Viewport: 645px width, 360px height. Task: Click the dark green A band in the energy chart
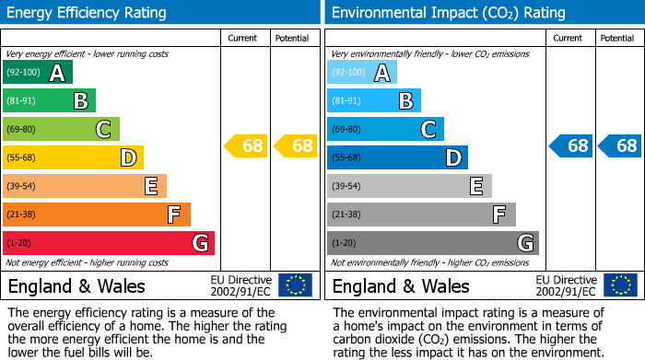(37, 73)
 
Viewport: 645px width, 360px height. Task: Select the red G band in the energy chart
(109, 243)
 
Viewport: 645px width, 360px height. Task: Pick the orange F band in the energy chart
(97, 215)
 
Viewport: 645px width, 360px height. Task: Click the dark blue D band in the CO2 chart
(397, 157)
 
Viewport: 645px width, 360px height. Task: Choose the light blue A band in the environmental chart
(362, 73)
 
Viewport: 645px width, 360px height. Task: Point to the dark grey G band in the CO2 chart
(432, 243)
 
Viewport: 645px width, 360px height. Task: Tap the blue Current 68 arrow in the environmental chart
(570, 145)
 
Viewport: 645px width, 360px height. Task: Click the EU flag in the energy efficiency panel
(295, 285)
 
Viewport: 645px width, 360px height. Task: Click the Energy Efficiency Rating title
(88, 13)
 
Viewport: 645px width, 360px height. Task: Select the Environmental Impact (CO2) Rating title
(448, 13)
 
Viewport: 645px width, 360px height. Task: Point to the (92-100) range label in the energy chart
(23, 73)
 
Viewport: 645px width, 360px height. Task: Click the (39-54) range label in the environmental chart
(347, 186)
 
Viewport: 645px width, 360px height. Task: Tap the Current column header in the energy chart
(243, 38)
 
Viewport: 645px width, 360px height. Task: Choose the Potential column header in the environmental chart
(617, 38)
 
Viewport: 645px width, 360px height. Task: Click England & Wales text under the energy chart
(77, 285)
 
